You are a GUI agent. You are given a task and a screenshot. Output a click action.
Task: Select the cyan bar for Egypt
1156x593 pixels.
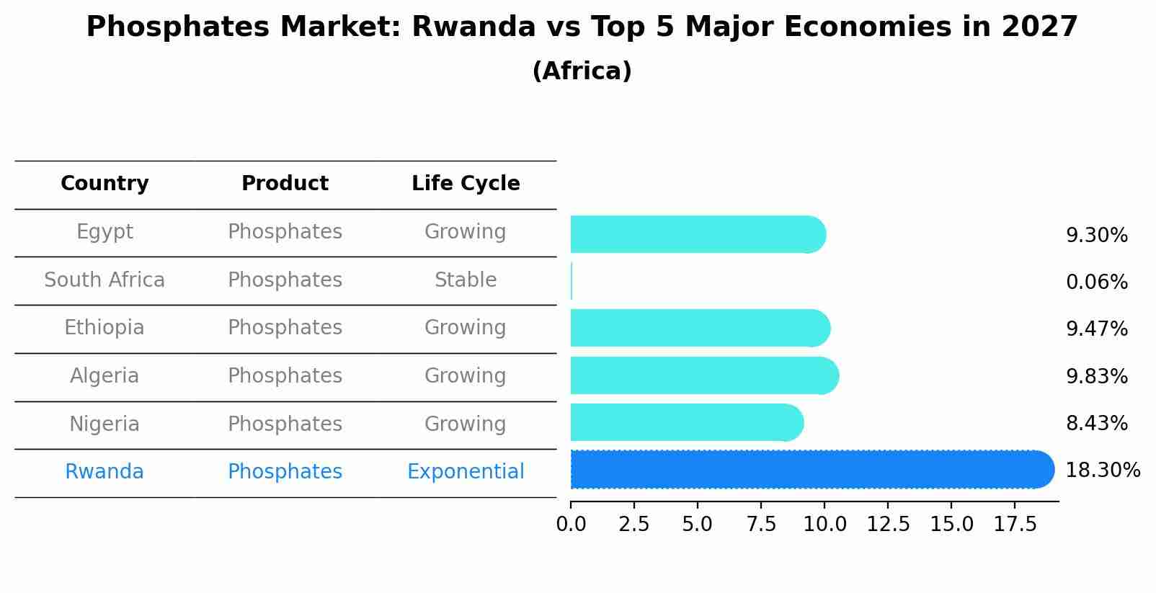(x=696, y=234)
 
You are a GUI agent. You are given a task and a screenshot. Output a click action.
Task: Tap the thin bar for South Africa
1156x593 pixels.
(x=572, y=281)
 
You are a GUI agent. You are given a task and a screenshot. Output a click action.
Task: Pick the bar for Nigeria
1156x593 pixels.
(x=685, y=422)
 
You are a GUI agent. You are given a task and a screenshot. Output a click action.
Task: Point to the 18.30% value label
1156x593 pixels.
(x=1102, y=471)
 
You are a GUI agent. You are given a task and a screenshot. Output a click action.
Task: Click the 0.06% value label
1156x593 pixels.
(x=1096, y=282)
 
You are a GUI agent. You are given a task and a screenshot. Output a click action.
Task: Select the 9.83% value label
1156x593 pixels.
(x=1096, y=376)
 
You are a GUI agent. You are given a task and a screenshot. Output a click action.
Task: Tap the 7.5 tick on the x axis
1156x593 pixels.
(x=761, y=525)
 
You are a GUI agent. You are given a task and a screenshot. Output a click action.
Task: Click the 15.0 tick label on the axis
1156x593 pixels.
(x=951, y=525)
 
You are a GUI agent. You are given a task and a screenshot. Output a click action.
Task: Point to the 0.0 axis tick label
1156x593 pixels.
(x=571, y=525)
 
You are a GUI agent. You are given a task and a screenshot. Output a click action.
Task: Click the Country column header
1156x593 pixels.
(x=105, y=184)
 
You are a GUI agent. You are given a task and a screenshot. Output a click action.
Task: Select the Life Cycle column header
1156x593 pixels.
(x=466, y=184)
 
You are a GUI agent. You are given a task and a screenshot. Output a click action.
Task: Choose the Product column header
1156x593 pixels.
(x=285, y=184)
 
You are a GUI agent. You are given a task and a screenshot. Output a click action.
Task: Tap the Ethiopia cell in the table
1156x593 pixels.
(x=105, y=328)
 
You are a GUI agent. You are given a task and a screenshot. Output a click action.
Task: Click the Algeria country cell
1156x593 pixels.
(x=105, y=376)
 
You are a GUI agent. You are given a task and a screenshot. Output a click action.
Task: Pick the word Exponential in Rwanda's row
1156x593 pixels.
(x=466, y=472)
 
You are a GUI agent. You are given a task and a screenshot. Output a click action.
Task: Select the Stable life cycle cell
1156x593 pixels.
(x=466, y=280)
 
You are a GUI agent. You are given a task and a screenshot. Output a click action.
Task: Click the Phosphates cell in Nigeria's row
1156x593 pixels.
(x=285, y=424)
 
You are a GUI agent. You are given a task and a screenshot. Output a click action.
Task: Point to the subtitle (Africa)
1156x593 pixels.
(x=582, y=71)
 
